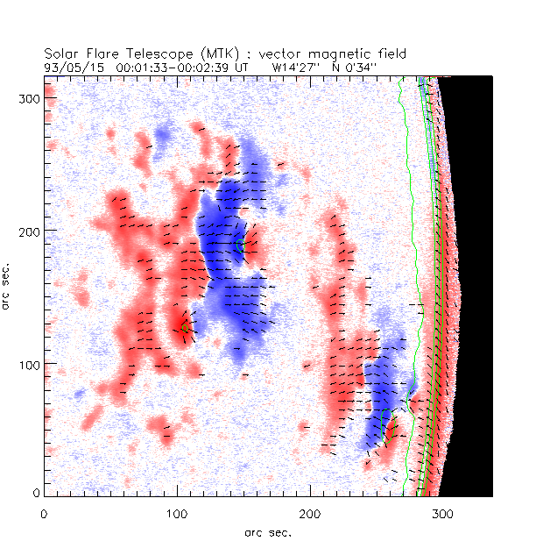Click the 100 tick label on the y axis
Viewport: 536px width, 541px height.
[x=27, y=362]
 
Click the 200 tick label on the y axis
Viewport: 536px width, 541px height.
[x=27, y=230]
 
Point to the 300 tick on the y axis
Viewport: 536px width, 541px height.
[x=27, y=98]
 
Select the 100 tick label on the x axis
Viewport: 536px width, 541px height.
[x=176, y=512]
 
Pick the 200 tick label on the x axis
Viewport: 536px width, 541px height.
[x=308, y=512]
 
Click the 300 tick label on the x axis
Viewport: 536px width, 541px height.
[x=441, y=512]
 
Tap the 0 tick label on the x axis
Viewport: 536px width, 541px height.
[x=44, y=512]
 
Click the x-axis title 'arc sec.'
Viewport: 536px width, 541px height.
[x=267, y=532]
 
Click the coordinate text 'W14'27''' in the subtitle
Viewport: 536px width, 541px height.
[x=293, y=66]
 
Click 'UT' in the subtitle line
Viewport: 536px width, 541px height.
[x=242, y=66]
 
